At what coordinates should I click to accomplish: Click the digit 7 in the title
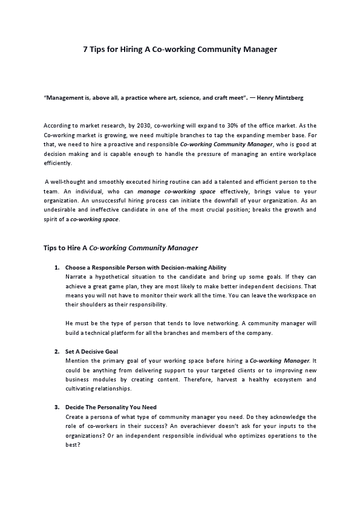[x=85, y=50]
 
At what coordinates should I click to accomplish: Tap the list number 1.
[x=56, y=267]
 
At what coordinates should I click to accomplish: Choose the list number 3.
[x=56, y=407]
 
